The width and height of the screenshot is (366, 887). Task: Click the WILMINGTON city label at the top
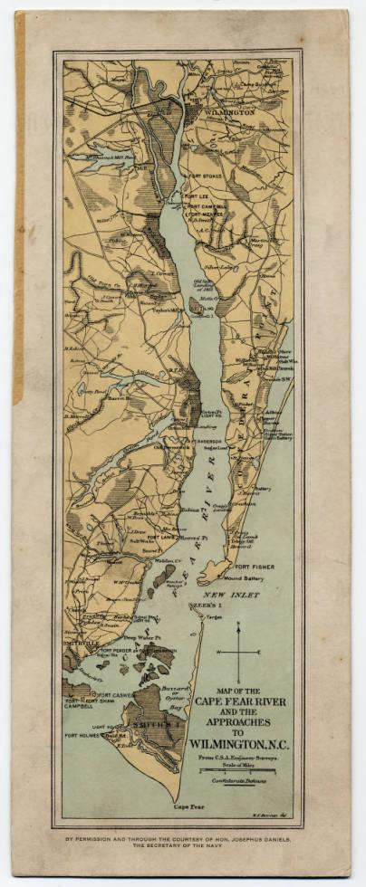click(x=229, y=111)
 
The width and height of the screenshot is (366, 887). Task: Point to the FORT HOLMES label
click(x=87, y=734)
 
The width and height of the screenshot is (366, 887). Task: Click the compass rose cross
click(x=239, y=652)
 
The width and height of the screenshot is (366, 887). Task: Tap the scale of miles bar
click(x=239, y=770)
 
